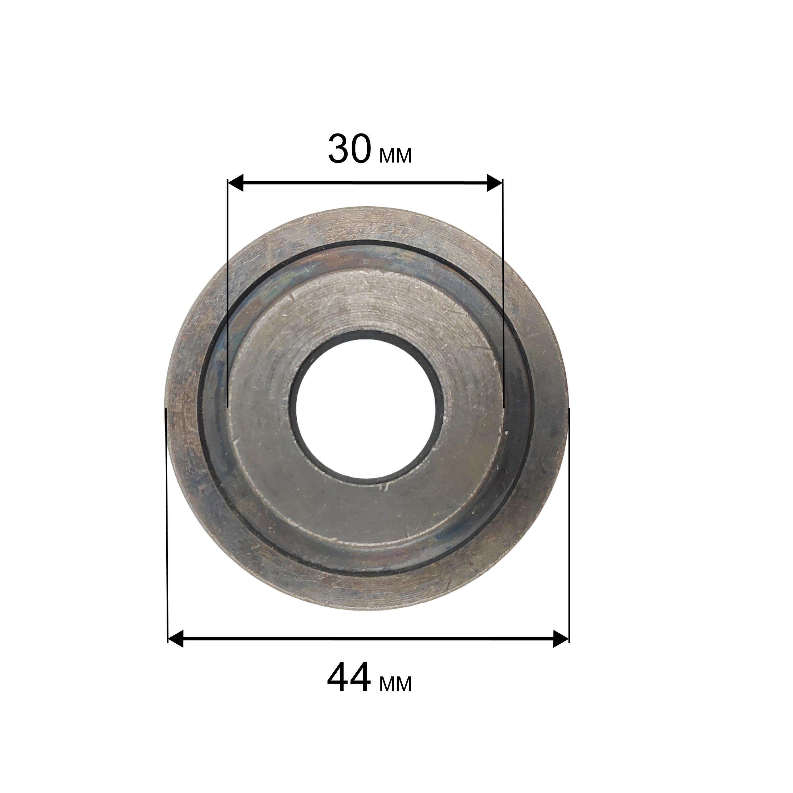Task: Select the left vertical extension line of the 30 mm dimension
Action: click(227, 293)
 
